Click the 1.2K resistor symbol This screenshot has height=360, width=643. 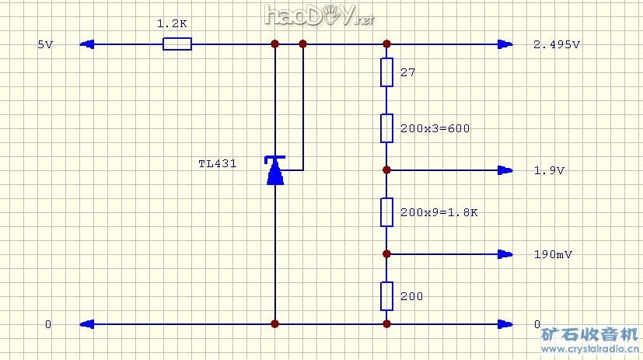(x=176, y=45)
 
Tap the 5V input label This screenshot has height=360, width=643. (x=45, y=45)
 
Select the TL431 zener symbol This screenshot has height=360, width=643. (x=274, y=170)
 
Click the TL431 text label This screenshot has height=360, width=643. (x=218, y=164)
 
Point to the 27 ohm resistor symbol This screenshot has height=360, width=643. (x=386, y=72)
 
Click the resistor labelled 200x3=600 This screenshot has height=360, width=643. (x=386, y=128)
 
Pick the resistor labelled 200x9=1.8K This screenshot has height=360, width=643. (x=386, y=211)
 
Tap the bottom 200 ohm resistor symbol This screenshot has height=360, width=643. (x=386, y=296)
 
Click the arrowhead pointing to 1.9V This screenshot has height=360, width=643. (x=506, y=170)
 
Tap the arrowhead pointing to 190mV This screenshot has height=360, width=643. (x=506, y=253)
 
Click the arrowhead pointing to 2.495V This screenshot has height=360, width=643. (x=506, y=45)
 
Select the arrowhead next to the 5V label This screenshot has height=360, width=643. (x=87, y=45)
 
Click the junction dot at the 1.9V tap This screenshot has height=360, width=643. (x=386, y=170)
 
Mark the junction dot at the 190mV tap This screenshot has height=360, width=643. (x=386, y=253)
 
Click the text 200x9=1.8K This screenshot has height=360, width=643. (x=439, y=212)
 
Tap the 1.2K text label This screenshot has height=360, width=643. (x=172, y=24)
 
